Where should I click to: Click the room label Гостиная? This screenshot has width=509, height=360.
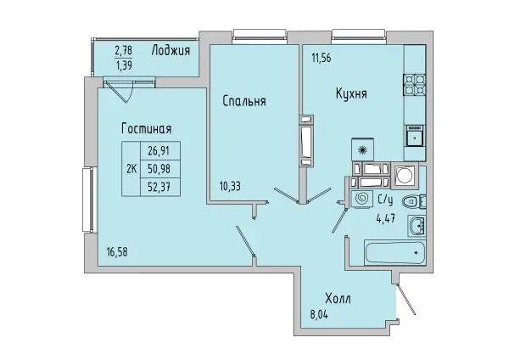[x=147, y=129]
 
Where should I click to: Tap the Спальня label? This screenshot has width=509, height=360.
[x=244, y=101]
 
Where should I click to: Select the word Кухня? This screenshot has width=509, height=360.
[x=351, y=94]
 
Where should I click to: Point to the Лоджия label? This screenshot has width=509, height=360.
[x=171, y=51]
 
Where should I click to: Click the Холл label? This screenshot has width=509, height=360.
[x=338, y=298]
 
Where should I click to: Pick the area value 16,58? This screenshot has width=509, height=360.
[x=117, y=252]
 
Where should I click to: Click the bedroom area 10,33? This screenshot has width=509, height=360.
[x=230, y=187]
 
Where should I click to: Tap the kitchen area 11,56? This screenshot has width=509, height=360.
[x=322, y=58]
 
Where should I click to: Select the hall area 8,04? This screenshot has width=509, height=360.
[x=319, y=314]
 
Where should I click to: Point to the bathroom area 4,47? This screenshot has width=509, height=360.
[x=385, y=218]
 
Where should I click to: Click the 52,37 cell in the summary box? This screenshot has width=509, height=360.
[x=159, y=187]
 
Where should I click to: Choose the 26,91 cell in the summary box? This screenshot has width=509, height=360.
[x=159, y=150]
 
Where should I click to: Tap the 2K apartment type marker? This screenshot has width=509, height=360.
[x=131, y=169]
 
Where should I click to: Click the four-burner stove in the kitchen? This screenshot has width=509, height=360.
[x=415, y=85]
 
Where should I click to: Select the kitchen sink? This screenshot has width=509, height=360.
[x=415, y=136]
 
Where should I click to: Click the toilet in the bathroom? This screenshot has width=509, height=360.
[x=414, y=202]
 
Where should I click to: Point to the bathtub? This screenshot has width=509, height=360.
[x=394, y=253]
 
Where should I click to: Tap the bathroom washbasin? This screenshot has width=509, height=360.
[x=417, y=225]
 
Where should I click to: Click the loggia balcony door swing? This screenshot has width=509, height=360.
[x=120, y=89]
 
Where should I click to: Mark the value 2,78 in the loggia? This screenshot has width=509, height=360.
[x=123, y=51]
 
